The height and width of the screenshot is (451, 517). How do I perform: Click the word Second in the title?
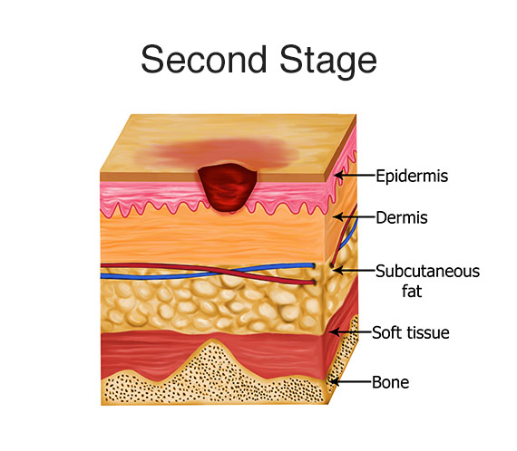point(203,59)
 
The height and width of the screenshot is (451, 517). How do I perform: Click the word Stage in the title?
point(328,62)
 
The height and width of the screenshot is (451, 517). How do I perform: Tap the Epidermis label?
point(412,176)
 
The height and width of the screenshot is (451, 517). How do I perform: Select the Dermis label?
point(402,217)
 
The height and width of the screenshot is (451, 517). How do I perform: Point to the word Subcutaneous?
point(427,272)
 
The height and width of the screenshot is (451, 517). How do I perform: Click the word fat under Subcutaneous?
point(412,291)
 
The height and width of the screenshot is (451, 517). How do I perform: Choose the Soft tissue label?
point(411,333)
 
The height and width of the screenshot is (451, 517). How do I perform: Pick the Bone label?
point(390,382)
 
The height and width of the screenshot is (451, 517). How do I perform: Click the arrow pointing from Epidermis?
point(355,175)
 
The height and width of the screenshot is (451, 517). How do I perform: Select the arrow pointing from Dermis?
point(354,217)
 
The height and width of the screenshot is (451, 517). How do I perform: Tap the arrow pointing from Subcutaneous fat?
point(354,271)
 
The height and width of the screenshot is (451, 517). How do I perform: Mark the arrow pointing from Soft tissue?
point(350,331)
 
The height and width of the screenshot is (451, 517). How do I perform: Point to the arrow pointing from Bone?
point(350,382)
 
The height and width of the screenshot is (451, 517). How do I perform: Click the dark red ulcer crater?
point(227,187)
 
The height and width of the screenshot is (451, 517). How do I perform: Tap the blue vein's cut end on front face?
point(313,265)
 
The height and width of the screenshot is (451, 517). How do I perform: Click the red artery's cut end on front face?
point(313,283)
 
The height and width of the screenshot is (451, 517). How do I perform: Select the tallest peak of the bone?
point(211,340)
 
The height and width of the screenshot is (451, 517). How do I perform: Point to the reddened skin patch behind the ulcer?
point(228,152)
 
